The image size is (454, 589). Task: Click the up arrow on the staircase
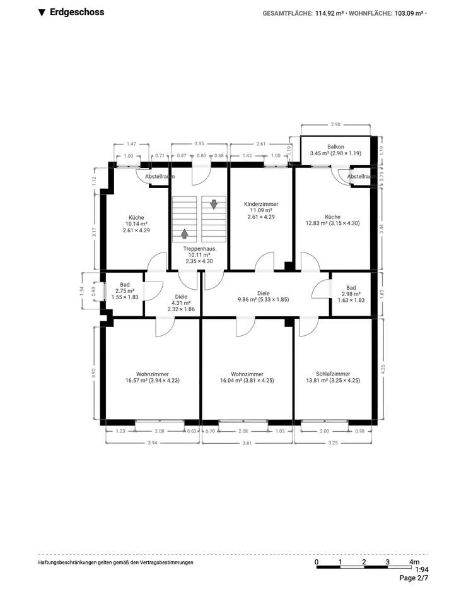pos(185,234)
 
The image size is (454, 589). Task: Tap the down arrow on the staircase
pos(214,204)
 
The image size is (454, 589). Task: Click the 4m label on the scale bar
pos(414,562)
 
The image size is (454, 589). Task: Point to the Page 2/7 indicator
pos(414,578)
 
